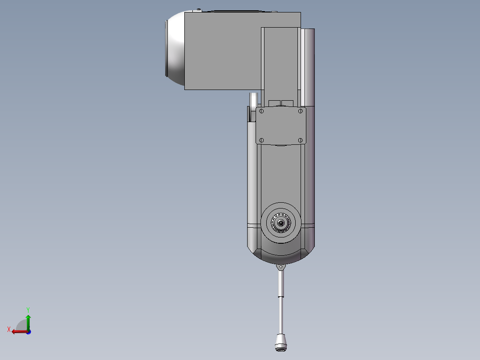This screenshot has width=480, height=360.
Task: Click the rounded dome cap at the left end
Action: [x=175, y=49]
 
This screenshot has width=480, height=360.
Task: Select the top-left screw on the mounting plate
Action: [x=261, y=110]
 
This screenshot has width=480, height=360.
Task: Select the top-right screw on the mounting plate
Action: [x=301, y=110]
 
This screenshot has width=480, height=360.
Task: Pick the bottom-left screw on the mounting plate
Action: [x=261, y=140]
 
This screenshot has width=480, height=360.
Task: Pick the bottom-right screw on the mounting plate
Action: [x=301, y=140]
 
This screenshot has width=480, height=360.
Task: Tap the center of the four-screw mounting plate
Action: [x=281, y=126]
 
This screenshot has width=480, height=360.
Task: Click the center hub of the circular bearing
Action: [x=281, y=223]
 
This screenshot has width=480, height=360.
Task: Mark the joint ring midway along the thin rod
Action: [x=281, y=296]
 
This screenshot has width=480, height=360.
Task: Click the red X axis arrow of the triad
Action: [x=18, y=331]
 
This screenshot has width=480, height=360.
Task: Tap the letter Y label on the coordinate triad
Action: [x=28, y=309]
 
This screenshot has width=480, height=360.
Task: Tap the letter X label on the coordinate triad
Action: [x=9, y=330]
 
